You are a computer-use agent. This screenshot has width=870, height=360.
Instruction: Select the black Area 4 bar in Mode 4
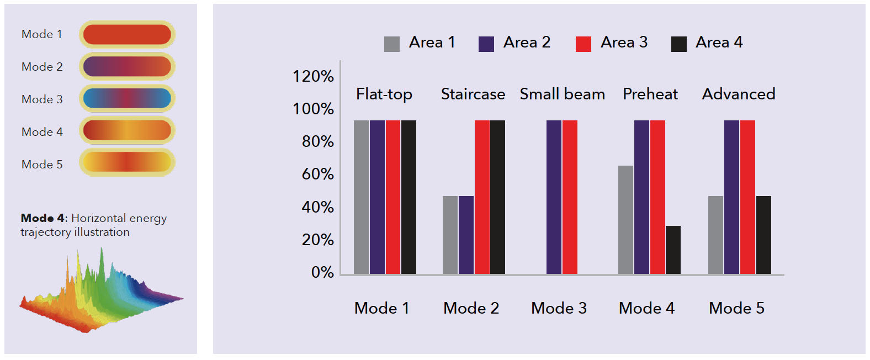tap(673, 250)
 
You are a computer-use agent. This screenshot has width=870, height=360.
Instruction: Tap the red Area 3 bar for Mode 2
tap(482, 197)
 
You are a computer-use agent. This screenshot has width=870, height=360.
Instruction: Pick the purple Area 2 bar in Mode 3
tap(554, 197)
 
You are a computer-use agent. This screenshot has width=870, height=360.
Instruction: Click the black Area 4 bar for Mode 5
tap(763, 235)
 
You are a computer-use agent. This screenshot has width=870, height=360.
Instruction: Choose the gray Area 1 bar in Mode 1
tap(361, 197)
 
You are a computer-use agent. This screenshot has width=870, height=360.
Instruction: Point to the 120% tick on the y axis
tap(313, 76)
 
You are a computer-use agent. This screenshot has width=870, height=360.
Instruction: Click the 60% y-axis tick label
tap(317, 174)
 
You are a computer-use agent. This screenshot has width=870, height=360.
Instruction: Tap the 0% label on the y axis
tap(322, 272)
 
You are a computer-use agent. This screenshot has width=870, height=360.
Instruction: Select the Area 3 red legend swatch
tap(583, 44)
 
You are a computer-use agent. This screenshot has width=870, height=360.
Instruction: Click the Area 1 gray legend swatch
tap(391, 44)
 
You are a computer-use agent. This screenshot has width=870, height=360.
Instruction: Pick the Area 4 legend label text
tap(719, 43)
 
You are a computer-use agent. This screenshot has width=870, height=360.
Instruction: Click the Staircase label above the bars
tap(473, 94)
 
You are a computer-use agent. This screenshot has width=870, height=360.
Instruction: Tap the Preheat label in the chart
tap(650, 94)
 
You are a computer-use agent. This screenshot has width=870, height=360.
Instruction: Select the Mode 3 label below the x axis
tap(559, 308)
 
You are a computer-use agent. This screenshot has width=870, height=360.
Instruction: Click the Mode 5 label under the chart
tap(736, 308)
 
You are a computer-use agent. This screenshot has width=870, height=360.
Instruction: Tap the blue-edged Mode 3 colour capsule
tap(127, 98)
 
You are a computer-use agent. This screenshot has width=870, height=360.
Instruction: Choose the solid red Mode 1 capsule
tap(127, 34)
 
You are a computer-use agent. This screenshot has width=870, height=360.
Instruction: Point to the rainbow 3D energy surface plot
tap(99, 293)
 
